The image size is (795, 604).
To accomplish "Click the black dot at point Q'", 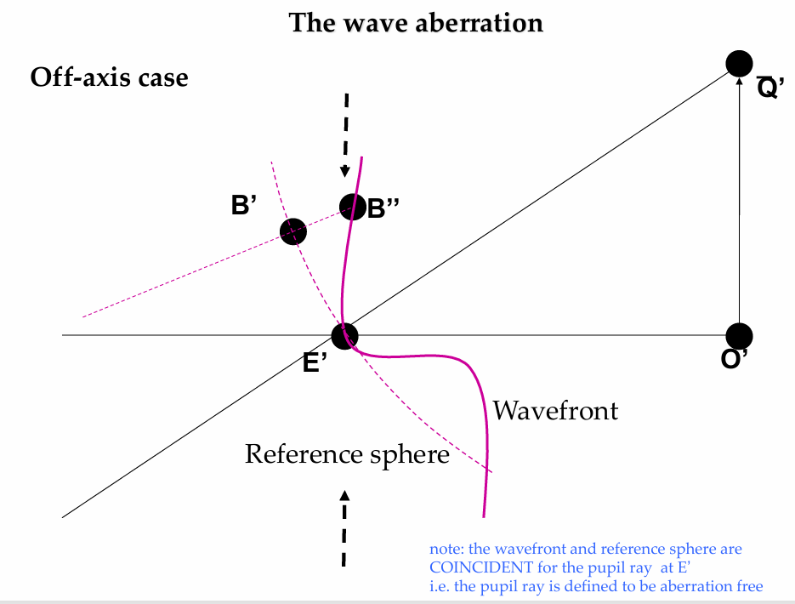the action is [x=739, y=64].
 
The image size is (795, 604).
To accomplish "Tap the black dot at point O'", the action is [x=739, y=336].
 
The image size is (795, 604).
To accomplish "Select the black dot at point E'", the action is [x=344, y=336].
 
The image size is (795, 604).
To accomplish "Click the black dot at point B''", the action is [x=352, y=207].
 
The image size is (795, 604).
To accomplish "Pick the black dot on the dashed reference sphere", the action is [x=293, y=231].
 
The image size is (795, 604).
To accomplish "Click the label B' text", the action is [x=244, y=205].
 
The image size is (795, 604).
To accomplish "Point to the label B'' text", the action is [x=383, y=208].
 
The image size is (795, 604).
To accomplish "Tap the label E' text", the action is [x=315, y=362].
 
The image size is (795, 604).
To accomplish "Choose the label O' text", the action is [x=734, y=358].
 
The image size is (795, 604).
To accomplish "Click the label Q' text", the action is [x=770, y=87].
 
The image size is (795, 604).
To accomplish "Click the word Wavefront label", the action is [x=556, y=410].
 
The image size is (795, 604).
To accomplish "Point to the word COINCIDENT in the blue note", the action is [x=481, y=567].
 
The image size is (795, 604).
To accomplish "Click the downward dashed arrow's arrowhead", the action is [x=344, y=171].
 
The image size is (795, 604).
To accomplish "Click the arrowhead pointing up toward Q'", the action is [x=739, y=81].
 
